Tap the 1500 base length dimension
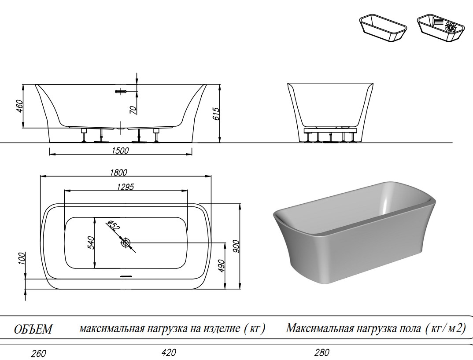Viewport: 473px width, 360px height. click(120, 151)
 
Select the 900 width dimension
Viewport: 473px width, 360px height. click(236, 246)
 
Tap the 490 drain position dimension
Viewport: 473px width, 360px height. click(222, 265)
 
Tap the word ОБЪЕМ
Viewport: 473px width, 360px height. click(33, 329)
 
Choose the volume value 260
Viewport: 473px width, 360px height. click(39, 353)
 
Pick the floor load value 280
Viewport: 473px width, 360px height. click(322, 352)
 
